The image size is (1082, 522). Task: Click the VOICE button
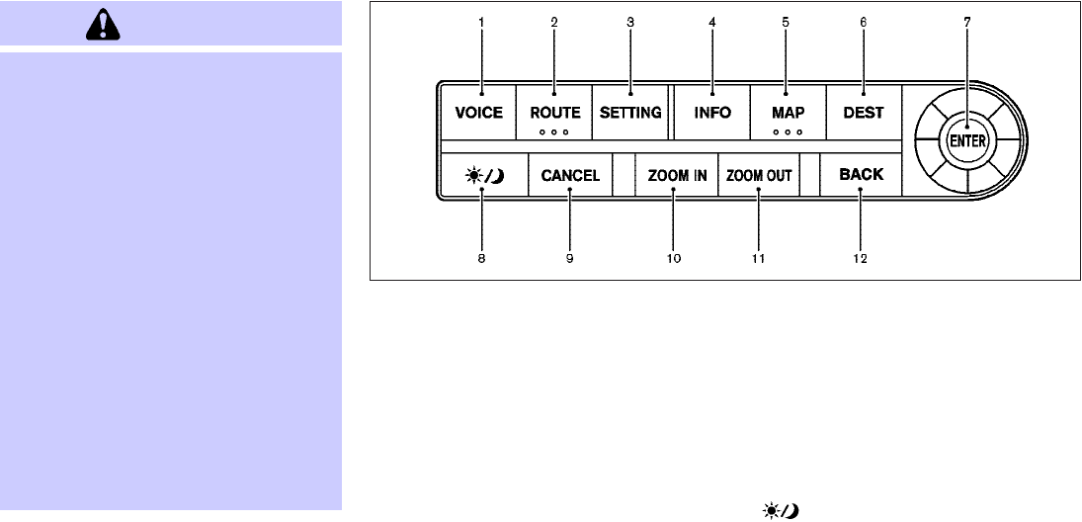[x=479, y=113]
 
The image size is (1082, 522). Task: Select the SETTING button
[x=630, y=113]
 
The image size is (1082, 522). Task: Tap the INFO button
[x=712, y=113]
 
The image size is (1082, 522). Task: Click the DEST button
[x=863, y=113]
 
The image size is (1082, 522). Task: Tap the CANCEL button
[x=570, y=177]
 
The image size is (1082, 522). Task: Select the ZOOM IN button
[x=677, y=177]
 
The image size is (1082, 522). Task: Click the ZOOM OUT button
[x=759, y=177]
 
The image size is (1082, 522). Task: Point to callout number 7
[x=967, y=22]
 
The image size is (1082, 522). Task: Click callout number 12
[x=860, y=258]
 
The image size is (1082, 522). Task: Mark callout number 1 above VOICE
[x=481, y=22]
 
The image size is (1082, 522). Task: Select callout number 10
[x=673, y=258]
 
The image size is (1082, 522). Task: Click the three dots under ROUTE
[x=554, y=131]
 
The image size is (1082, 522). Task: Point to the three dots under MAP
[x=787, y=131]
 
